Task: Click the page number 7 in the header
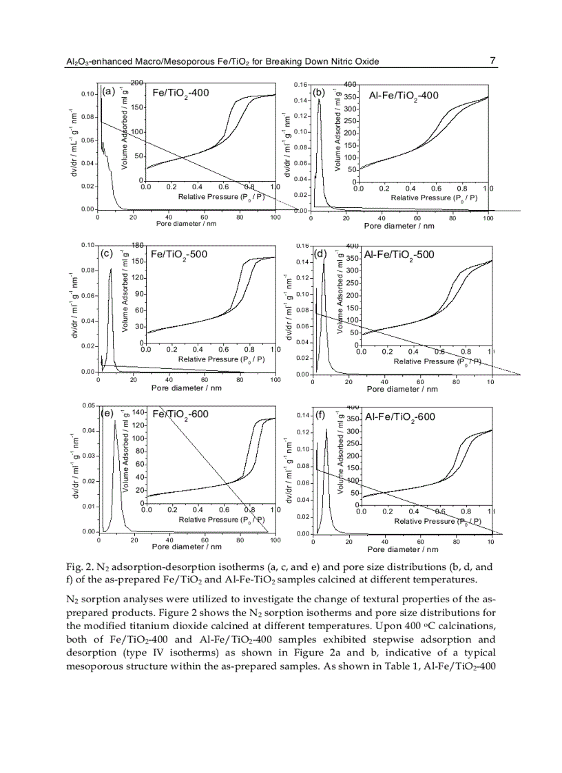[493, 61]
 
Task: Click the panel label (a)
[108, 91]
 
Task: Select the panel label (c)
[107, 253]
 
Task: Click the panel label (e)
[107, 413]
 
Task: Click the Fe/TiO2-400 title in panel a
[180, 93]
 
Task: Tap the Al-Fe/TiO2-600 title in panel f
[400, 417]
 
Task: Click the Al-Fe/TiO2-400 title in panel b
[404, 96]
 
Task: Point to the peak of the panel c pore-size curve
[111, 269]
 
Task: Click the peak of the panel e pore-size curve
[116, 420]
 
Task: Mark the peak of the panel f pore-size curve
[326, 430]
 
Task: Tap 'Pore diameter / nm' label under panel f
[402, 549]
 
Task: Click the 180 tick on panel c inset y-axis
[136, 245]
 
